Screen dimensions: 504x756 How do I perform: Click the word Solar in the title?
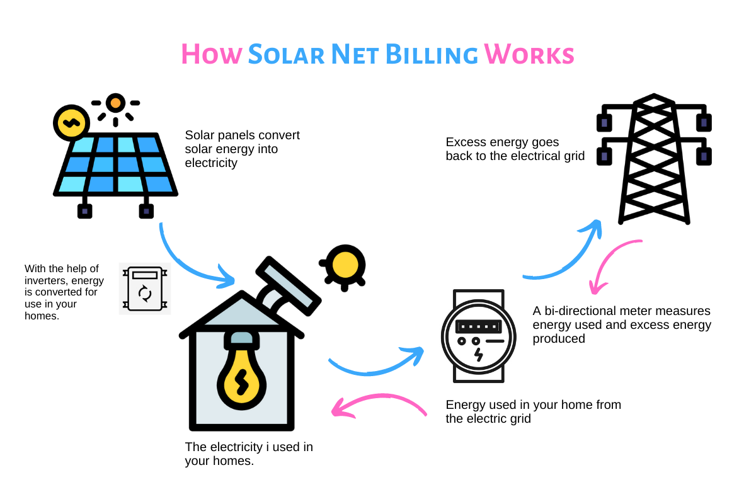285,54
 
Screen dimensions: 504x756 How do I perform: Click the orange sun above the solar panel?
115,103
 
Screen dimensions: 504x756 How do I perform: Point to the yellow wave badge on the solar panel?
71,122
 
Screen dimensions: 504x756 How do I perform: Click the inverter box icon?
145,289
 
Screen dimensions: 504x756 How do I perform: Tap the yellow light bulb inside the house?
241,375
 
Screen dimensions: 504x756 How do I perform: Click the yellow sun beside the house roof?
344,267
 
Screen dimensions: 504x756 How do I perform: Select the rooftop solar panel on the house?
287,287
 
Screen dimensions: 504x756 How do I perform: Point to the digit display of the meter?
478,327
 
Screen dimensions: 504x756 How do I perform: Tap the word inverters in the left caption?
48,280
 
